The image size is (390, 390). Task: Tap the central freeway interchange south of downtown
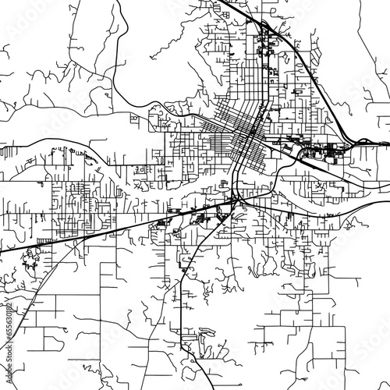click(x=236, y=201)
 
